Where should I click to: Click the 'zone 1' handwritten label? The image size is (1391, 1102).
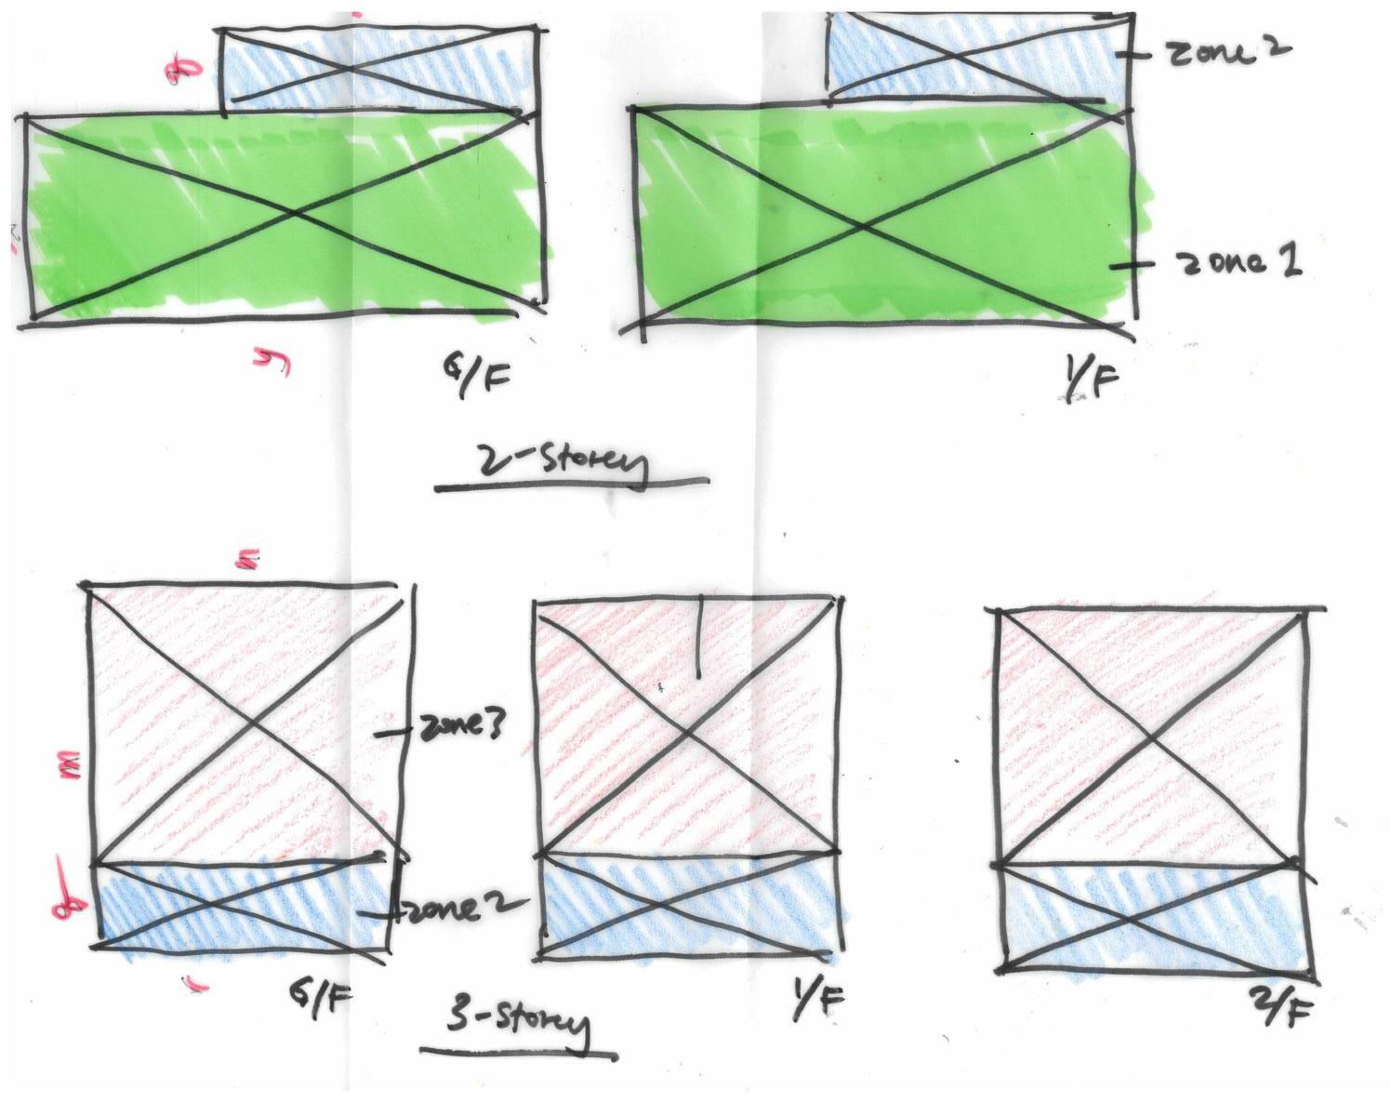1239,263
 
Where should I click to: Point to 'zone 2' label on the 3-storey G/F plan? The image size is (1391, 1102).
442,910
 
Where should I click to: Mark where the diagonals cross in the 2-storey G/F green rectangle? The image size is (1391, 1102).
294,215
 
